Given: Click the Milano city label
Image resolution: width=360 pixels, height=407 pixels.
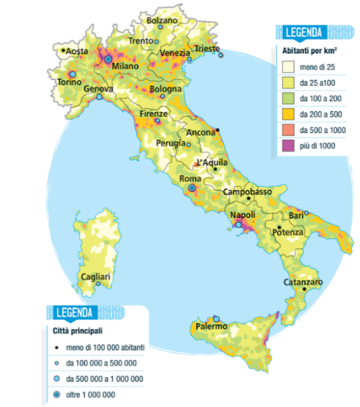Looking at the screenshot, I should click(x=125, y=66).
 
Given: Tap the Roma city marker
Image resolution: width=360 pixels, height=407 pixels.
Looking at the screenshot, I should click(x=191, y=189).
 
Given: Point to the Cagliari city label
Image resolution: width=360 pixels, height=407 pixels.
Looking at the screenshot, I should click(x=96, y=277).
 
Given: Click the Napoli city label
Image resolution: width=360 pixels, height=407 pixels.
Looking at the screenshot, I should click(x=242, y=215).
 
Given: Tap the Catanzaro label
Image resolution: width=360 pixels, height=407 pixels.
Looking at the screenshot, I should click(x=303, y=282).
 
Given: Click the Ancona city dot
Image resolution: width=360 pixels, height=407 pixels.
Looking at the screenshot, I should click(x=218, y=130).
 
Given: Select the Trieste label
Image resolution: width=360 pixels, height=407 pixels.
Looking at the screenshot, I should click(x=207, y=48).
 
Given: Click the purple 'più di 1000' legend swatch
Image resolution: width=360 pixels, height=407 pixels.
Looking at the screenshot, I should click(x=288, y=146).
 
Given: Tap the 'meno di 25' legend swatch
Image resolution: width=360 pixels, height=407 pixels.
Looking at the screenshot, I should click(x=288, y=67).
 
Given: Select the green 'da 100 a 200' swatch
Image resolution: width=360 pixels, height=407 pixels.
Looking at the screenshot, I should click(x=288, y=99).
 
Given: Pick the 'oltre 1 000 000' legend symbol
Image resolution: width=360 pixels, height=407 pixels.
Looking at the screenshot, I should click(x=57, y=395).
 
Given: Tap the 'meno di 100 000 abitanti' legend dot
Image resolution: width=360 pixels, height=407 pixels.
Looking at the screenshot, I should click(x=57, y=347).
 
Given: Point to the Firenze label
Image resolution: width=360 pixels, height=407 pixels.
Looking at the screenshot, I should click(x=153, y=113).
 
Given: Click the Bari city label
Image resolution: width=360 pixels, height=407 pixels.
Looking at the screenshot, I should click(x=296, y=216).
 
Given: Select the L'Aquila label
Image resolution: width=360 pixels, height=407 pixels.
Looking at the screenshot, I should click(x=212, y=162).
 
